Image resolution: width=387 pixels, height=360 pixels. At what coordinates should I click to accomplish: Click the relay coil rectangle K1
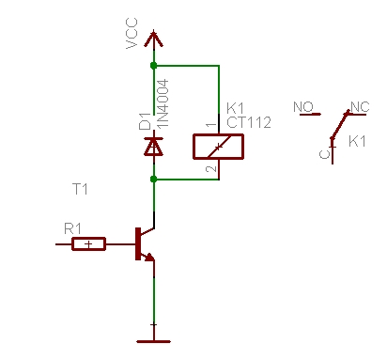pos(219,146)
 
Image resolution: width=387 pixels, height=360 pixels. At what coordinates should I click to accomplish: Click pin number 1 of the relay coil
pos(209,124)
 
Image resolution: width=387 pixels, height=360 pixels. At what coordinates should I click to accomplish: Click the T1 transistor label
pos(80,189)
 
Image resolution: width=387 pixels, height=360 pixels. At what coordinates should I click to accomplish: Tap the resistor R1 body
pos(89,244)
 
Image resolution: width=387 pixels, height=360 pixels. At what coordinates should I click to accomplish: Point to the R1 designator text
pos(71,228)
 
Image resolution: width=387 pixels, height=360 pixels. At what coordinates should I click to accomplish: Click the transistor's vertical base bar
pos(138,243)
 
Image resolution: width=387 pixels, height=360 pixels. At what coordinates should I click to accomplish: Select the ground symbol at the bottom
pos(153,338)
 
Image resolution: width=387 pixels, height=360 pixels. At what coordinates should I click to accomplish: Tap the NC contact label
pos(359,107)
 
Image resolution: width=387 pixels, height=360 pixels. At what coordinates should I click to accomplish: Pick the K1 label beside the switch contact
pos(357,141)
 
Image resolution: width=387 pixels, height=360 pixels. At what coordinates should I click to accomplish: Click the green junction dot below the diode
pos(153,179)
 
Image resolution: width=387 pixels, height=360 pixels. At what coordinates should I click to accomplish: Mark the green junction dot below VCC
pos(153,66)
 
